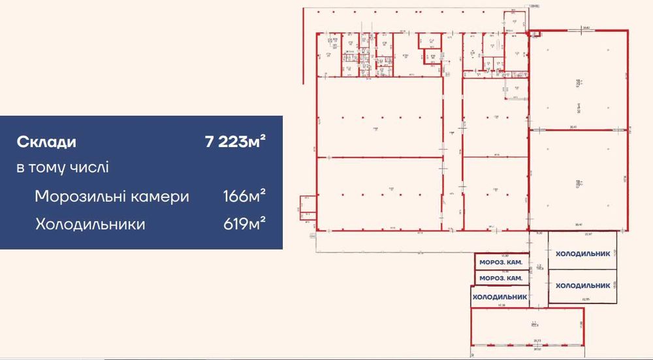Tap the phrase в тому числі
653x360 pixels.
coord(63,167)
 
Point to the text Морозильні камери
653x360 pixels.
coord(112,197)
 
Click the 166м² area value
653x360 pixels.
coord(244,197)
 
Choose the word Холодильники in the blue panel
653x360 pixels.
coord(90,225)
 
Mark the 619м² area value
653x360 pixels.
coord(244,225)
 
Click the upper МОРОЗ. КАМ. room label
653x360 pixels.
coord(500,263)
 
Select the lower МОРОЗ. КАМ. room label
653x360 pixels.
coord(500,278)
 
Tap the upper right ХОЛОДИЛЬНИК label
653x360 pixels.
coord(582,254)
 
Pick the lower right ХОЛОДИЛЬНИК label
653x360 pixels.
coord(582,286)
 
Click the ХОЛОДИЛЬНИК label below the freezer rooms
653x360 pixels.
coord(500,296)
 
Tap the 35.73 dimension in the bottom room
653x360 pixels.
coord(536,340)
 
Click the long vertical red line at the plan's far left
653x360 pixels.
coord(304,46)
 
